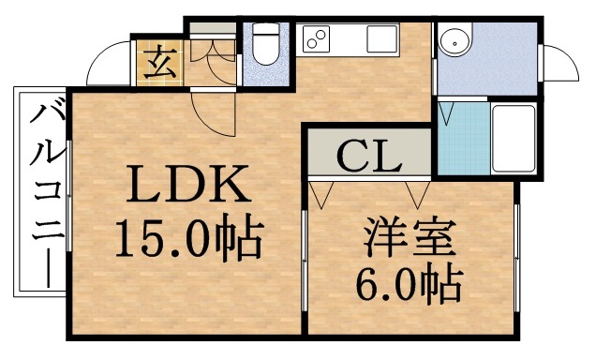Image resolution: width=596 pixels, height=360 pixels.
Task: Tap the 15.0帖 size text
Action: (x=188, y=240)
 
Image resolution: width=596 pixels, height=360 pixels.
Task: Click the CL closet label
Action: (x=368, y=156)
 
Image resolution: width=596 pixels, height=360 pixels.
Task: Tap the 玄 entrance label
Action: (x=157, y=65)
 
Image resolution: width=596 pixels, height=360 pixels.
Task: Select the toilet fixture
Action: (x=262, y=47)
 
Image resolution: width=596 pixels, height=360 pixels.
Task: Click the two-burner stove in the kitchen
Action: (x=316, y=40)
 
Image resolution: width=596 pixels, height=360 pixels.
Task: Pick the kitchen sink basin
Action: (x=381, y=40)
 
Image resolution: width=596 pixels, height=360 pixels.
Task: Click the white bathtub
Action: (x=514, y=138)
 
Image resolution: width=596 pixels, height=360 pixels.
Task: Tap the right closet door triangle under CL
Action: (x=417, y=191)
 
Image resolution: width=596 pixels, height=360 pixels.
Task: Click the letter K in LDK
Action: (x=231, y=186)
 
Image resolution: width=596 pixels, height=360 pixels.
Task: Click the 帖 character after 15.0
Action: (x=245, y=240)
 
